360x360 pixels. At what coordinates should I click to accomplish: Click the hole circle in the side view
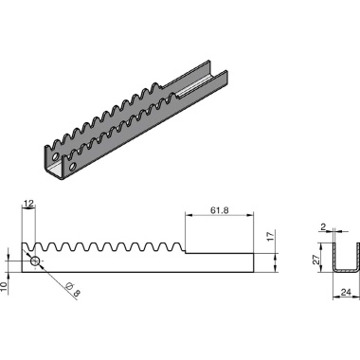[35, 261]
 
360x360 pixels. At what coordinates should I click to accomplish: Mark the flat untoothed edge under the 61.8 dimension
[218, 253]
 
